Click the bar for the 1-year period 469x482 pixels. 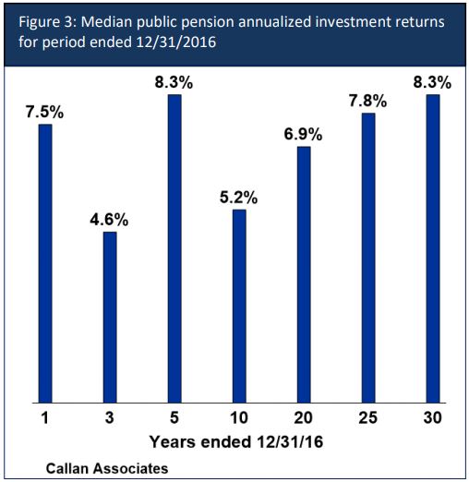click(45, 263)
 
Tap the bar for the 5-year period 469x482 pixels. click(174, 248)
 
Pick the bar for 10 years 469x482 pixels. click(239, 306)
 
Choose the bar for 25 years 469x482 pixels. click(368, 258)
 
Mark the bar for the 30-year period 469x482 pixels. click(432, 248)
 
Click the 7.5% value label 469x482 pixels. click(45, 112)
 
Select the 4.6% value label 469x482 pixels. click(110, 220)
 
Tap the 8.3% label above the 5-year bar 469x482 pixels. click(174, 81)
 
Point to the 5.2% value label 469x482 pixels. click(239, 198)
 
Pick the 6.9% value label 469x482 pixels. click(304, 134)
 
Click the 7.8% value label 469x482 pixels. click(368, 101)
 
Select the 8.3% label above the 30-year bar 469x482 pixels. click(432, 81)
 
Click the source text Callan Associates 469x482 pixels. click(107, 469)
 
